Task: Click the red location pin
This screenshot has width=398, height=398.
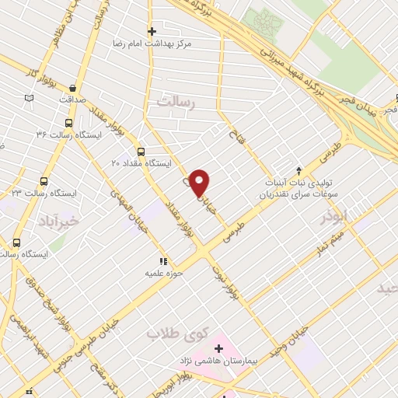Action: coord(200,182)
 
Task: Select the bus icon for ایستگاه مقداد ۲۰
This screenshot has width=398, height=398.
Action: coord(141,152)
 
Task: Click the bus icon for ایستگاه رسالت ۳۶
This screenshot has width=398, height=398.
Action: coord(69,122)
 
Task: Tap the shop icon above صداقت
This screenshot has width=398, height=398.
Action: coord(72,89)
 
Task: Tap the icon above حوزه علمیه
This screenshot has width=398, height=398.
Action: coord(163,262)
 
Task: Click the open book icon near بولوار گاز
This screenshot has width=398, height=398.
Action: coord(30,98)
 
